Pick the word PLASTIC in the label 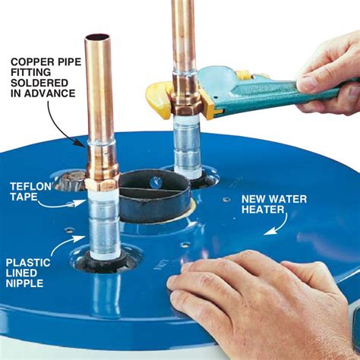29,264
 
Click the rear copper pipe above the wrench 183,34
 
